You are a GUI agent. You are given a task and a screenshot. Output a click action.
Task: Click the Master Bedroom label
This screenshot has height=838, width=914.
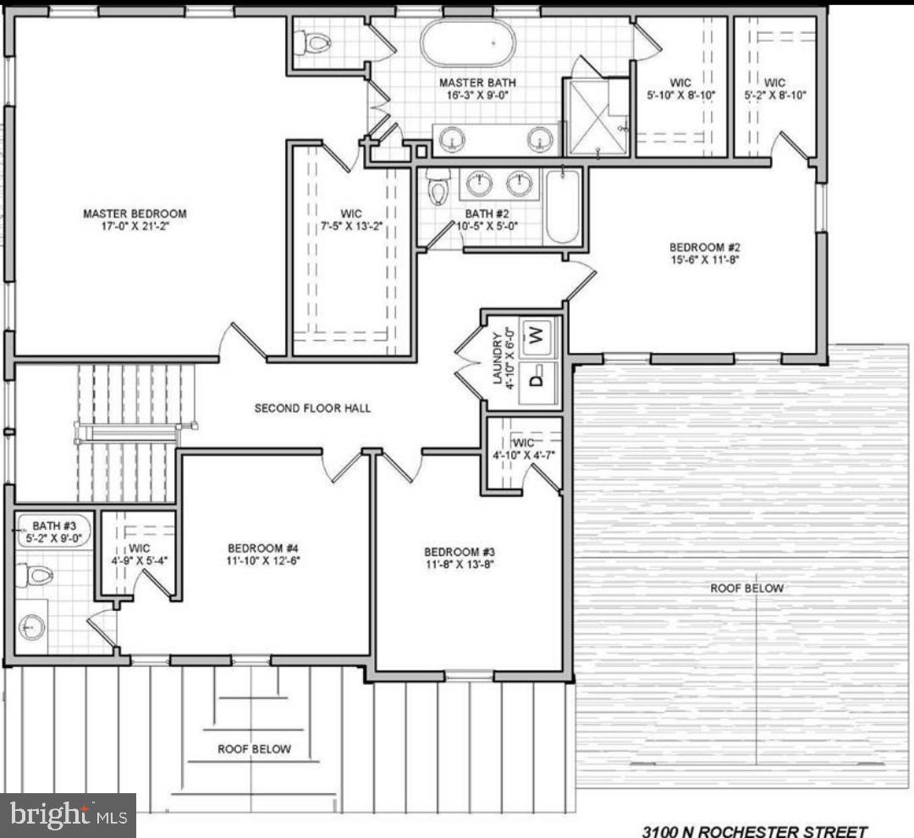134,213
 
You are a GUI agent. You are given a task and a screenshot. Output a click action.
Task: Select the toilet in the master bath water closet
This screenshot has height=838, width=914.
317,41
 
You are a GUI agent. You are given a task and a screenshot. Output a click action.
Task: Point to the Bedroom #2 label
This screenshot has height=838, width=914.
705,247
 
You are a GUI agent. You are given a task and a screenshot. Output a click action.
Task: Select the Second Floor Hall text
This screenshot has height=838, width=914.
312,408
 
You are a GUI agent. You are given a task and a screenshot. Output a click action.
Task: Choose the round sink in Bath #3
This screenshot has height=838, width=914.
33,627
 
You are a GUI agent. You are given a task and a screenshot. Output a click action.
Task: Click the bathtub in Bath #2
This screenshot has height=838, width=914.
563,207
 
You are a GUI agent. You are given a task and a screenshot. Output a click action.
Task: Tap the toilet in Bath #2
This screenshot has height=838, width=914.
438,189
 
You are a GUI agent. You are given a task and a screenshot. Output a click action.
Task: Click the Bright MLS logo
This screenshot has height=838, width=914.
68,815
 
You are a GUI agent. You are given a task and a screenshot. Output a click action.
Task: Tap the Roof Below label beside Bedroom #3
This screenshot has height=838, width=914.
746,588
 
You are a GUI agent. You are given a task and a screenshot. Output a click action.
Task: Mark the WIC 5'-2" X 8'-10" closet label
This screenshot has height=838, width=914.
774,89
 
